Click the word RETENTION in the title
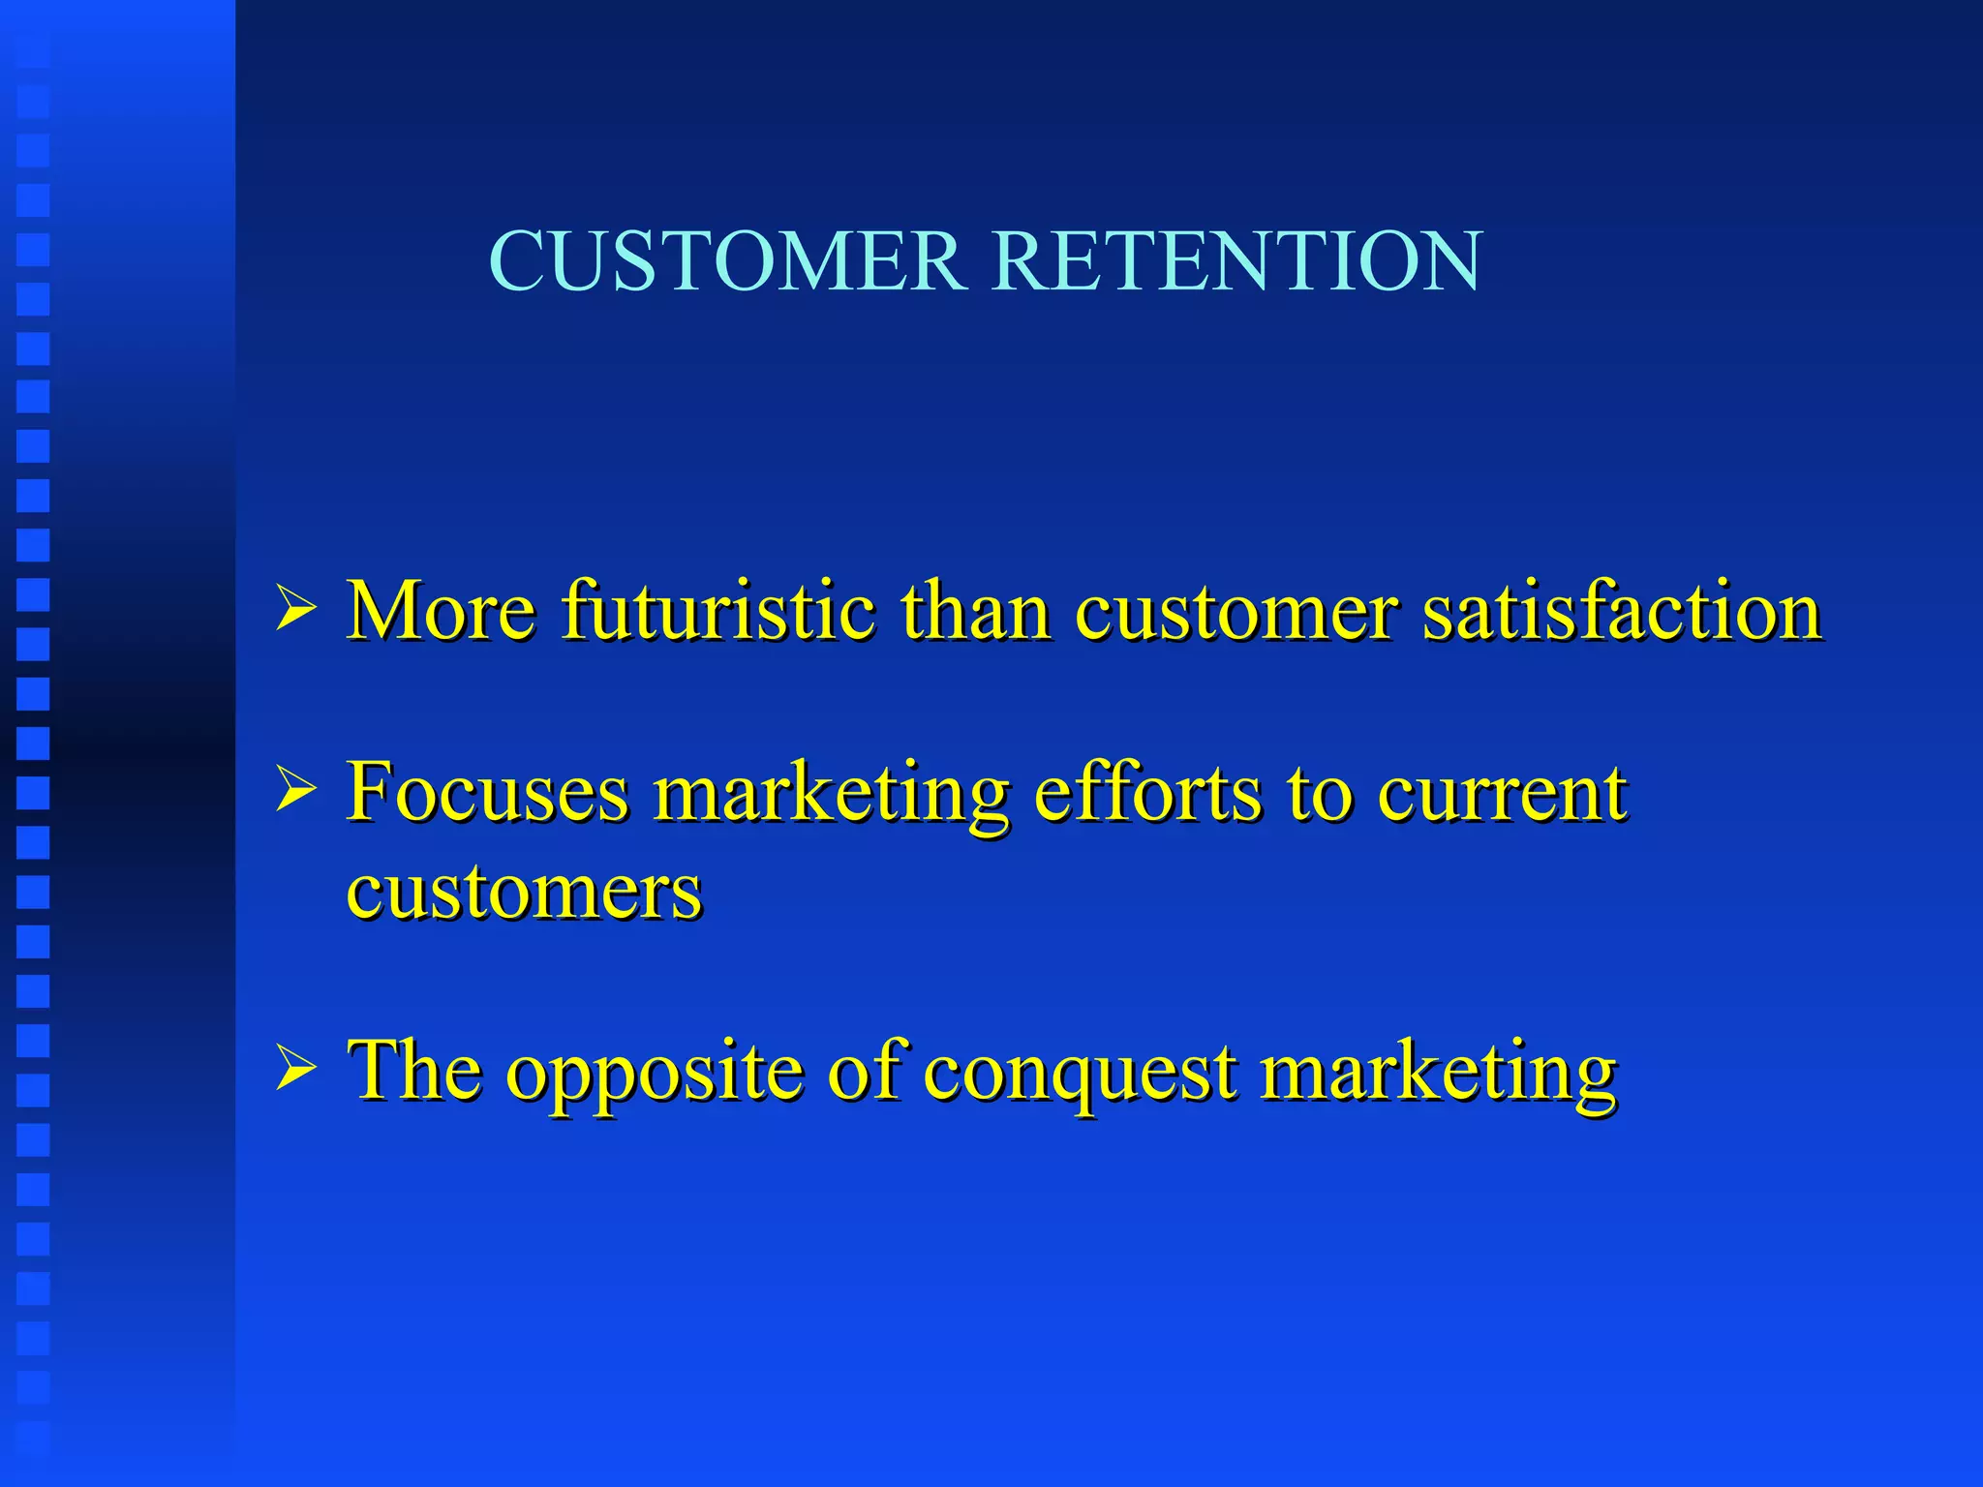[1236, 261]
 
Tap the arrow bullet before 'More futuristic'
[295, 609]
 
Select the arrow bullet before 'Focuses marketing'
[295, 788]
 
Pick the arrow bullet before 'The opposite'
[295, 1070]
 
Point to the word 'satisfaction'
[1622, 611]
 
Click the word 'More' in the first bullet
[442, 611]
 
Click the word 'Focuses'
[488, 792]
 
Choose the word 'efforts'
[1147, 792]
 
